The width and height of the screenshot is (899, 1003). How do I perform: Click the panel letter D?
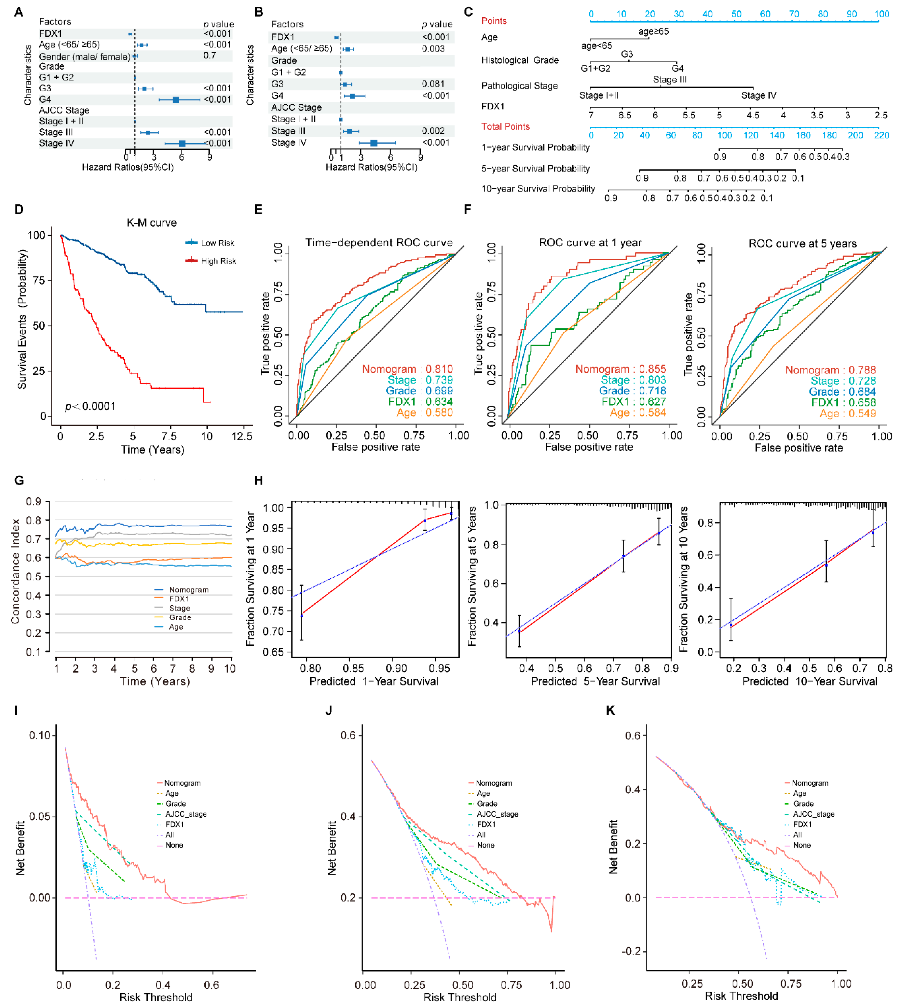19,210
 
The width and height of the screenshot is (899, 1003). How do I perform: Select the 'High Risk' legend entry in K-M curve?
218,261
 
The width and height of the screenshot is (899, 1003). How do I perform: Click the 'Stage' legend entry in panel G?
179,608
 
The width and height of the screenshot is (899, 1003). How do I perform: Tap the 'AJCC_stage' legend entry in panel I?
186,814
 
